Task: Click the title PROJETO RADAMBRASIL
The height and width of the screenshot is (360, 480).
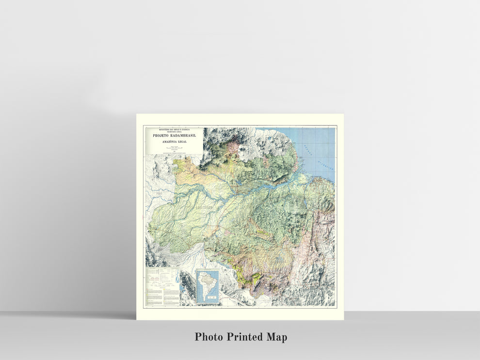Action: click(x=174, y=136)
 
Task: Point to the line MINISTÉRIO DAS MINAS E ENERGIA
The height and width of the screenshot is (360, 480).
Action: click(x=174, y=129)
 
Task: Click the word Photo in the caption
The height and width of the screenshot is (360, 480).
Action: click(x=210, y=337)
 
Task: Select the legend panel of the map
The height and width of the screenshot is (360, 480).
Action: click(x=161, y=287)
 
